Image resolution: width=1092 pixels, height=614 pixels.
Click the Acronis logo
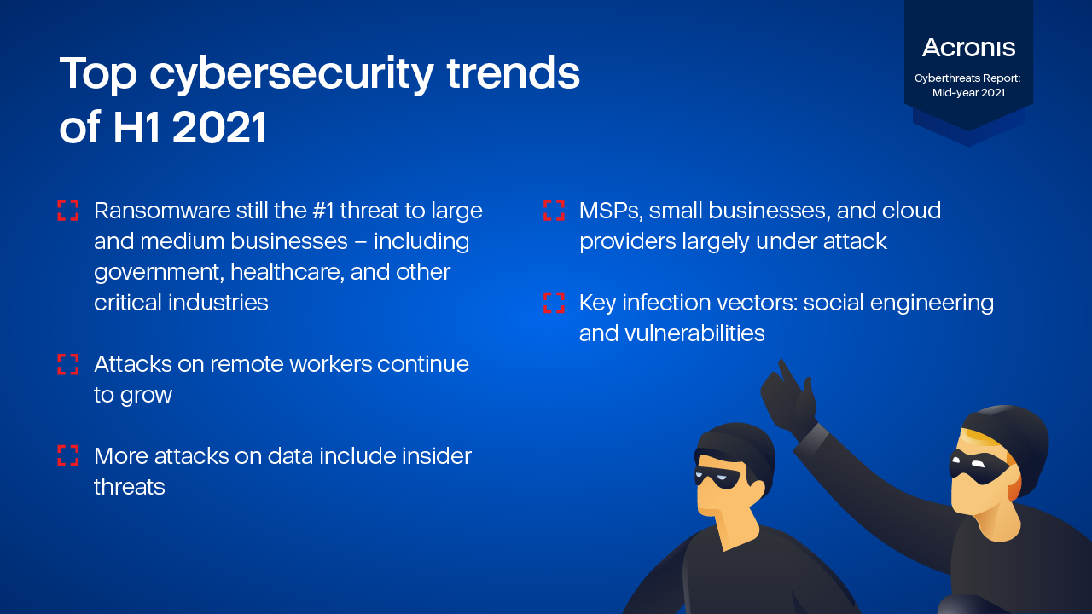coord(968,48)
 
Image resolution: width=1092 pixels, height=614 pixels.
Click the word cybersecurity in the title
coord(292,75)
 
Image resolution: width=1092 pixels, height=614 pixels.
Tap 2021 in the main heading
coord(219,127)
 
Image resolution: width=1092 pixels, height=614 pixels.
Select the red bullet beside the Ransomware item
coord(67,210)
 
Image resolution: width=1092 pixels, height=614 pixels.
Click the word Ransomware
coord(162,211)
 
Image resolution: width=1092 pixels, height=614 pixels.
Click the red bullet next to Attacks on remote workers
coord(67,364)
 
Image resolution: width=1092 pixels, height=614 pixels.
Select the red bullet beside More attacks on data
coord(67,455)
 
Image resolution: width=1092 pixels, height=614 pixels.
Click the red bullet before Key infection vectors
coord(554,303)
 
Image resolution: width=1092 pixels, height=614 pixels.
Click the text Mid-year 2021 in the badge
coord(968,93)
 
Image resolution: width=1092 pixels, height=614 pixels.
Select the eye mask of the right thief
coord(978,466)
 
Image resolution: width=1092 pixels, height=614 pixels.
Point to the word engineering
coord(932,304)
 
